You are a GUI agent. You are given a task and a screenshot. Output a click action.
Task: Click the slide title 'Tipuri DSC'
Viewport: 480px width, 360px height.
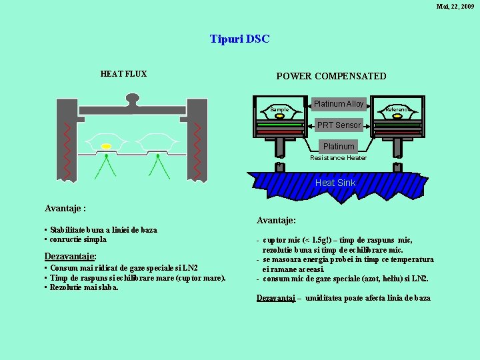239,39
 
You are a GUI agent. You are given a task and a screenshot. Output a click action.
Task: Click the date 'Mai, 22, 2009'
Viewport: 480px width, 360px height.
455,6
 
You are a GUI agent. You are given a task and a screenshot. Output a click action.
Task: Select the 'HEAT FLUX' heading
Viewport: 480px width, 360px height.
123,74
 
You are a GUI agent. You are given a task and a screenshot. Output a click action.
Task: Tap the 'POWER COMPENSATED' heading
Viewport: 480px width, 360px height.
331,76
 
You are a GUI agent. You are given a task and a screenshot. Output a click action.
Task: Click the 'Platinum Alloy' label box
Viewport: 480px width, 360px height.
339,104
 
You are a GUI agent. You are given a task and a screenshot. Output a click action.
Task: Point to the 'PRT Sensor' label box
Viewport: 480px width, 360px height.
339,125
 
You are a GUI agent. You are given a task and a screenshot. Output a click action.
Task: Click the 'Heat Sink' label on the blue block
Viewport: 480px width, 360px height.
335,183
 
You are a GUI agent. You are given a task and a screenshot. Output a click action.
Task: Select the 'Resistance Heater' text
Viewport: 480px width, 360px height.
338,158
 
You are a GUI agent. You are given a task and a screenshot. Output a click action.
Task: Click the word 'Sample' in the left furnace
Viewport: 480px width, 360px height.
279,109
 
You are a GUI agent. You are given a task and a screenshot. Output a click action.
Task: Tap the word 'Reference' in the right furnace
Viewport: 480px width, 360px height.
399,109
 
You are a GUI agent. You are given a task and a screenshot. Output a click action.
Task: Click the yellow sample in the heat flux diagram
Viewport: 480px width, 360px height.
106,146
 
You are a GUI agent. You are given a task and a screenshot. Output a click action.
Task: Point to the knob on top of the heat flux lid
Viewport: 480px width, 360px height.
132,99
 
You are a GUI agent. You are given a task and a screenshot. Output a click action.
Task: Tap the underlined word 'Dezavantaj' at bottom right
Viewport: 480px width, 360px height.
276,298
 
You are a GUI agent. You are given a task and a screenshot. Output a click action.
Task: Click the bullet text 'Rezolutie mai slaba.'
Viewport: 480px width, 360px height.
85,287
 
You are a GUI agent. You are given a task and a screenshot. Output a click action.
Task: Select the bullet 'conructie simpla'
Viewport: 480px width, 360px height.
79,239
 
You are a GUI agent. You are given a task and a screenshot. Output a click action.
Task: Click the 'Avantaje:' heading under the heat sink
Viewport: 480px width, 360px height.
277,220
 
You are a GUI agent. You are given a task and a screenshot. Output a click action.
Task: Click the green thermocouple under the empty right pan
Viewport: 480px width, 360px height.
157,167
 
